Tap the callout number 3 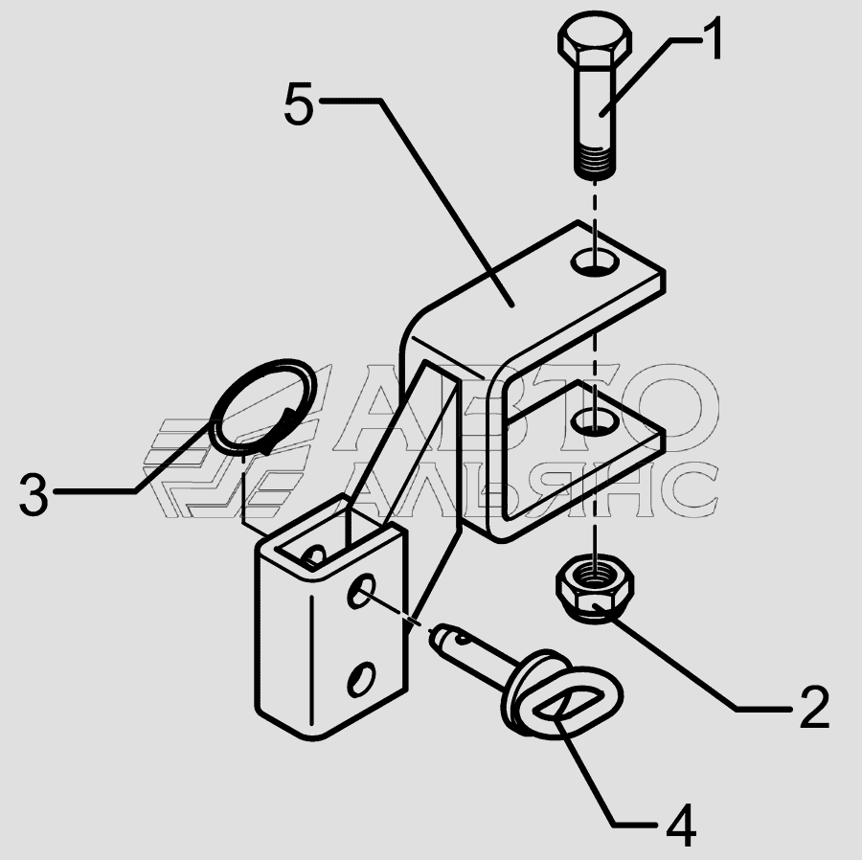point(34,496)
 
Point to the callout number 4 point(680,825)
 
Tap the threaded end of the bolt point(595,162)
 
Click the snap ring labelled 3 point(261,406)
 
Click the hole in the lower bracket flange point(594,420)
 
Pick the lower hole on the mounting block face point(359,680)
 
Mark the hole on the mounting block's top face point(312,555)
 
